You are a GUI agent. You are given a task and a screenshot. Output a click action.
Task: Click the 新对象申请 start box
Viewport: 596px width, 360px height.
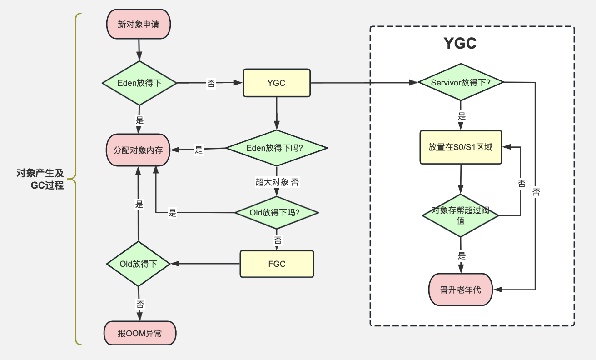[138, 24]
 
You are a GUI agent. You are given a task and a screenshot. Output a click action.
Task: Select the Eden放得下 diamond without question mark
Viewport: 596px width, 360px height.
[139, 83]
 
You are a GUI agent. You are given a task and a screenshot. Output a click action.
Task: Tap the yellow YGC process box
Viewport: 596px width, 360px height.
[277, 83]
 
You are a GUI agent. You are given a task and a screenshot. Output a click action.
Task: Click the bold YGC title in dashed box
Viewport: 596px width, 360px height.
[460, 43]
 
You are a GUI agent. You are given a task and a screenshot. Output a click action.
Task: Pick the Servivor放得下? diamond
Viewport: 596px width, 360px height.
[461, 82]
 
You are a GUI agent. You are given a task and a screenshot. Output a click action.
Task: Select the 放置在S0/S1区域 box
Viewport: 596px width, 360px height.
[461, 148]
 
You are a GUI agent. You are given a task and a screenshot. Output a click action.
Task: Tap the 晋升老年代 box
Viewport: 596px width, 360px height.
[461, 290]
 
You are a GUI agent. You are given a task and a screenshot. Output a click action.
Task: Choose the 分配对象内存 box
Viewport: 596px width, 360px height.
[138, 150]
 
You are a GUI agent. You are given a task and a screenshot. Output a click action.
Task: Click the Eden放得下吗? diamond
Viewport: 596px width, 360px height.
[277, 148]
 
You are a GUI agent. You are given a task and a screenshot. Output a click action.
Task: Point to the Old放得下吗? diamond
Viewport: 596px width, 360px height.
[276, 212]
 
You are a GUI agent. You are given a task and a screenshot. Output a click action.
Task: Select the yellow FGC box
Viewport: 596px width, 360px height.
[277, 264]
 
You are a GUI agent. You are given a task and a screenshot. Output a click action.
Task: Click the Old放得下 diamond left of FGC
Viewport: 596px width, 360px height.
[138, 264]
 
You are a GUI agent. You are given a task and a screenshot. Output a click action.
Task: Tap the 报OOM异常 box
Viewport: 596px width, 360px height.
[139, 334]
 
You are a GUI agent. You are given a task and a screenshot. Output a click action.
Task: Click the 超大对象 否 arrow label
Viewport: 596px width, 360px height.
[277, 182]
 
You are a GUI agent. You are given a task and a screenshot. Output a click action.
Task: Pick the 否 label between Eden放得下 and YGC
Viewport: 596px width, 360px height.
[211, 83]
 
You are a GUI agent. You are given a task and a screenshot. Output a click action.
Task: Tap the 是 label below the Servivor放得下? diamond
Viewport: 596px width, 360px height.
[462, 116]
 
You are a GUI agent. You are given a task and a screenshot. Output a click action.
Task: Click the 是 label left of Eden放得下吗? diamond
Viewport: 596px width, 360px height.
[199, 150]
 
